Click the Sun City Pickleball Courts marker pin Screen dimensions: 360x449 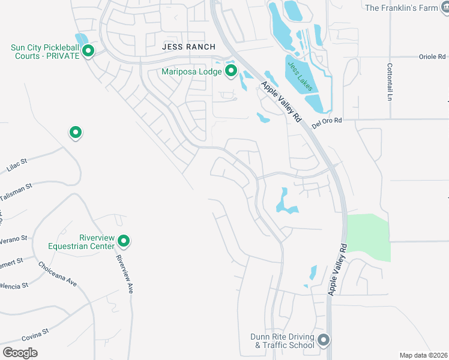(88, 51)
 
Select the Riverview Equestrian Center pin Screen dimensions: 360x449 (124, 241)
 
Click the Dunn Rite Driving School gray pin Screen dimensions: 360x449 (324, 341)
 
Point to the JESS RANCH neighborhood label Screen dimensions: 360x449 (188, 46)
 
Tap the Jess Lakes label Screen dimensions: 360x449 (300, 76)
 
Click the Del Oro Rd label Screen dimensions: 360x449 (327, 122)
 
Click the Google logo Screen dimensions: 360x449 (20, 353)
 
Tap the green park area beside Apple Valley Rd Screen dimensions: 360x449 (367, 237)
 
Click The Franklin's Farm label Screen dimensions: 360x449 (402, 8)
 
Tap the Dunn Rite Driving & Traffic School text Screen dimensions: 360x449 (282, 341)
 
